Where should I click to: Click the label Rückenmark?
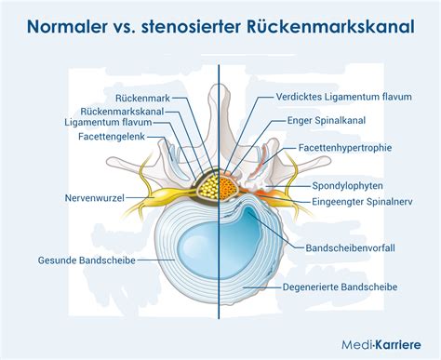click(142, 99)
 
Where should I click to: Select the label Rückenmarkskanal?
click(122, 112)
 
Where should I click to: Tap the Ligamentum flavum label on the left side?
click(108, 123)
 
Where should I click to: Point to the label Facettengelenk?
click(112, 137)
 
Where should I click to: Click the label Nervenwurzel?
click(95, 198)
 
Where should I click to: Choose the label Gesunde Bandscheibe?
click(87, 260)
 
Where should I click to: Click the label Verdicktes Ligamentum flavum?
click(344, 97)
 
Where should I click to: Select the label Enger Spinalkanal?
click(327, 120)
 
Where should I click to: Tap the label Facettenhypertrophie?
click(345, 148)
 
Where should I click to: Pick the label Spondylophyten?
click(347, 186)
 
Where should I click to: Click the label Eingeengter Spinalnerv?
click(362, 202)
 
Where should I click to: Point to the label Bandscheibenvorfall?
click(351, 248)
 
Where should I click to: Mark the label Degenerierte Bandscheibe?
click(340, 287)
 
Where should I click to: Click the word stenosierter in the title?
click(191, 27)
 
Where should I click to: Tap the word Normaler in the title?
click(67, 27)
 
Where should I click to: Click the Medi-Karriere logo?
click(381, 344)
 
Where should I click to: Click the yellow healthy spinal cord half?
click(208, 187)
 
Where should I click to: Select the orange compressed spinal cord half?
click(228, 187)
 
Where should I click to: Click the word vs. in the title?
click(124, 28)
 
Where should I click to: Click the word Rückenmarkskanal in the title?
click(330, 27)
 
